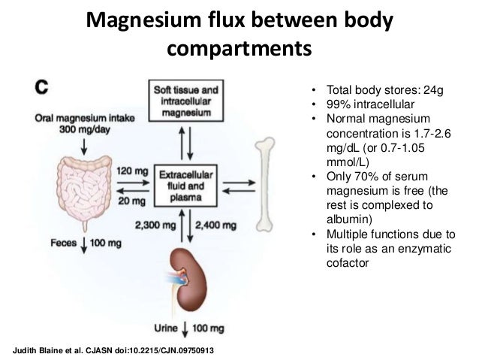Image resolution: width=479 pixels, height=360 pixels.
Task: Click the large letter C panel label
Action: point(44,88)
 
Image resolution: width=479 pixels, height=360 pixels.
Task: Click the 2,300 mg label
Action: point(155,225)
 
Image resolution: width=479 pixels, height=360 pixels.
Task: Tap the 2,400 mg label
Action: point(215,225)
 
